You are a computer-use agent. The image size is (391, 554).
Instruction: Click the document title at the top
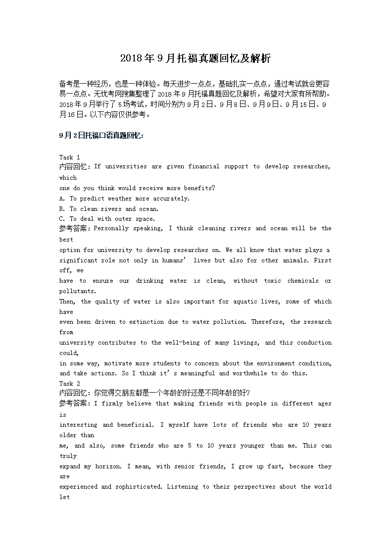click(x=195, y=59)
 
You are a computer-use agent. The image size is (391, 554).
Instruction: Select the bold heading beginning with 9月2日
click(x=101, y=135)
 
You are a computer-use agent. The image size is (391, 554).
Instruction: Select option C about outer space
click(x=107, y=219)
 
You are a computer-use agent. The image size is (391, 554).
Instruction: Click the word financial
click(x=203, y=166)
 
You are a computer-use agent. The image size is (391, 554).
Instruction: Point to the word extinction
click(x=146, y=322)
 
